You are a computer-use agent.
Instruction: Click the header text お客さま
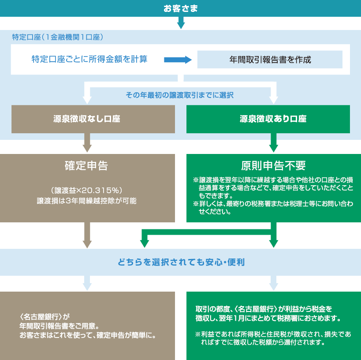click(181, 8)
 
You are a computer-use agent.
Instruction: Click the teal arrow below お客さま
click(181, 22)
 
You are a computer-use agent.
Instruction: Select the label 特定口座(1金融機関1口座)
click(58, 37)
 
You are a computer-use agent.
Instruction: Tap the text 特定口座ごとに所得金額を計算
click(89, 59)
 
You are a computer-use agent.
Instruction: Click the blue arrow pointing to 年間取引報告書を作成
click(178, 60)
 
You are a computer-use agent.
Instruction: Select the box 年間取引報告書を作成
click(270, 60)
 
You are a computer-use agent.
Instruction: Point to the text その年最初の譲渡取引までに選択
click(179, 95)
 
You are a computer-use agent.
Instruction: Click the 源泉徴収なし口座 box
click(93, 119)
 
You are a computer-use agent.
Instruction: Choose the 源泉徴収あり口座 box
click(268, 119)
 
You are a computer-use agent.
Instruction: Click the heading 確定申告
click(86, 165)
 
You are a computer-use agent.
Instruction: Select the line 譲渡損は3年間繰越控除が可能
click(86, 201)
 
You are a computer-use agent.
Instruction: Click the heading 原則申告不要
click(273, 165)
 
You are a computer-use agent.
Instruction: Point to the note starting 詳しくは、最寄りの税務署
click(273, 207)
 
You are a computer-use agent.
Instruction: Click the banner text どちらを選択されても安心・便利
click(181, 262)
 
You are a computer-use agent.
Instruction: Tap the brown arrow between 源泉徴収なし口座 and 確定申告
click(87, 142)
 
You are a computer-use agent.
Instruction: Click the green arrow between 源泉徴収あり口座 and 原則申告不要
click(274, 142)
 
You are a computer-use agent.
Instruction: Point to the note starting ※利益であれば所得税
click(273, 338)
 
